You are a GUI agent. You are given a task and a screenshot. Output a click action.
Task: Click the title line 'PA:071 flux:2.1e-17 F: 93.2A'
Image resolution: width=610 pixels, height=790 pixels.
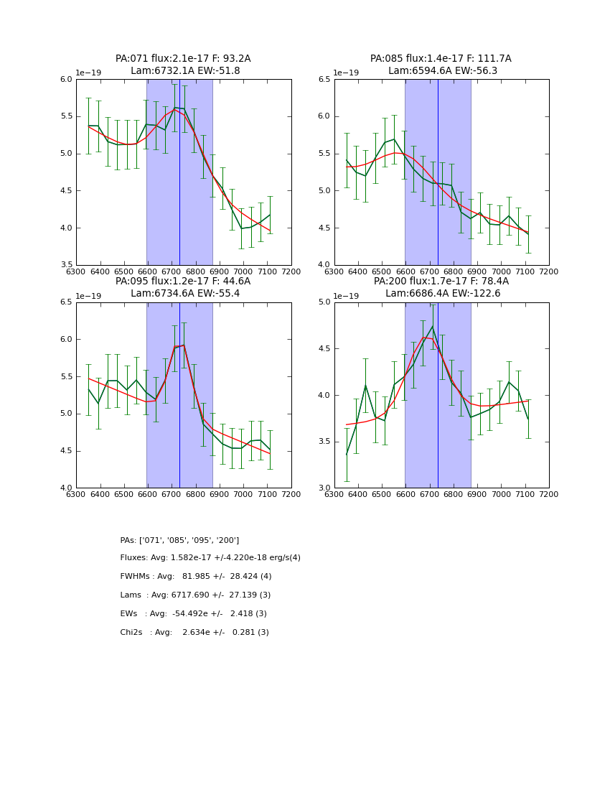(183, 59)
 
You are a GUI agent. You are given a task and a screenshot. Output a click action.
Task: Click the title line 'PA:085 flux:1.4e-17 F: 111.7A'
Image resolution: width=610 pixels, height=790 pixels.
(441, 59)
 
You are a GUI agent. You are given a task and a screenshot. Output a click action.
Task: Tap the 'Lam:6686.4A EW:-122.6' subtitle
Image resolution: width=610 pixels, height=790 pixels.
(441, 294)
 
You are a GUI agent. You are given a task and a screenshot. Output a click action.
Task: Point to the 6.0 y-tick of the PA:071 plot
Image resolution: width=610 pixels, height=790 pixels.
(66, 80)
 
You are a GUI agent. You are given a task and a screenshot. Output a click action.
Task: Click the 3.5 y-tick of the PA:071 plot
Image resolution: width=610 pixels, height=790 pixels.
(66, 265)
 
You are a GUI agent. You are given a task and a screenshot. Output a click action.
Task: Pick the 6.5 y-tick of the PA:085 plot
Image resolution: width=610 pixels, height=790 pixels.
(324, 80)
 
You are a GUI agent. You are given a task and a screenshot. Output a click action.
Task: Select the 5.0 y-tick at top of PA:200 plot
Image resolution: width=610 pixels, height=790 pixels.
(324, 302)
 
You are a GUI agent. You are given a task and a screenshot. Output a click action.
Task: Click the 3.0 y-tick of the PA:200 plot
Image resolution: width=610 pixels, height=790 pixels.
(324, 488)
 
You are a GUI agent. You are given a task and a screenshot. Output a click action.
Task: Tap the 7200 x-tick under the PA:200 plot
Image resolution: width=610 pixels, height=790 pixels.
(549, 495)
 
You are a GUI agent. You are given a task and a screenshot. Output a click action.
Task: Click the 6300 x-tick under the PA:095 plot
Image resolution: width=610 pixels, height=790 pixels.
(76, 495)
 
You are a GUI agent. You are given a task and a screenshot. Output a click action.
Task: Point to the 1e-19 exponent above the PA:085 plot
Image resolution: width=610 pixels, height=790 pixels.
(347, 73)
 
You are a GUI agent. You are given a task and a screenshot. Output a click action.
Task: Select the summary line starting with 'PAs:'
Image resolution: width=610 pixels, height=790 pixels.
(179, 540)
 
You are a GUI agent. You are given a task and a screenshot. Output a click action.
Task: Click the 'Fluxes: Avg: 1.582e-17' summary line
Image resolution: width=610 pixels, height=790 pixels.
(210, 558)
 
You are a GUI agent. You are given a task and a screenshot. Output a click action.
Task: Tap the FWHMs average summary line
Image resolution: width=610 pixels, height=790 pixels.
(195, 577)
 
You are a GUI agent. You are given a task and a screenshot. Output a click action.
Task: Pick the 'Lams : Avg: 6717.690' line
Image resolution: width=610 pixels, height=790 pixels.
(195, 595)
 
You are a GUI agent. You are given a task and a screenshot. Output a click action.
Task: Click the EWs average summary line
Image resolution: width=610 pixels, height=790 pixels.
(193, 614)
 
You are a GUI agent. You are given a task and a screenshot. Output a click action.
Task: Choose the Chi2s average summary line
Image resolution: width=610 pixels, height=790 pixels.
(194, 633)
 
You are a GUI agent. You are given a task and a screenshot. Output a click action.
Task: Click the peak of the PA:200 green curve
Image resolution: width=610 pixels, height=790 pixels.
(433, 327)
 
